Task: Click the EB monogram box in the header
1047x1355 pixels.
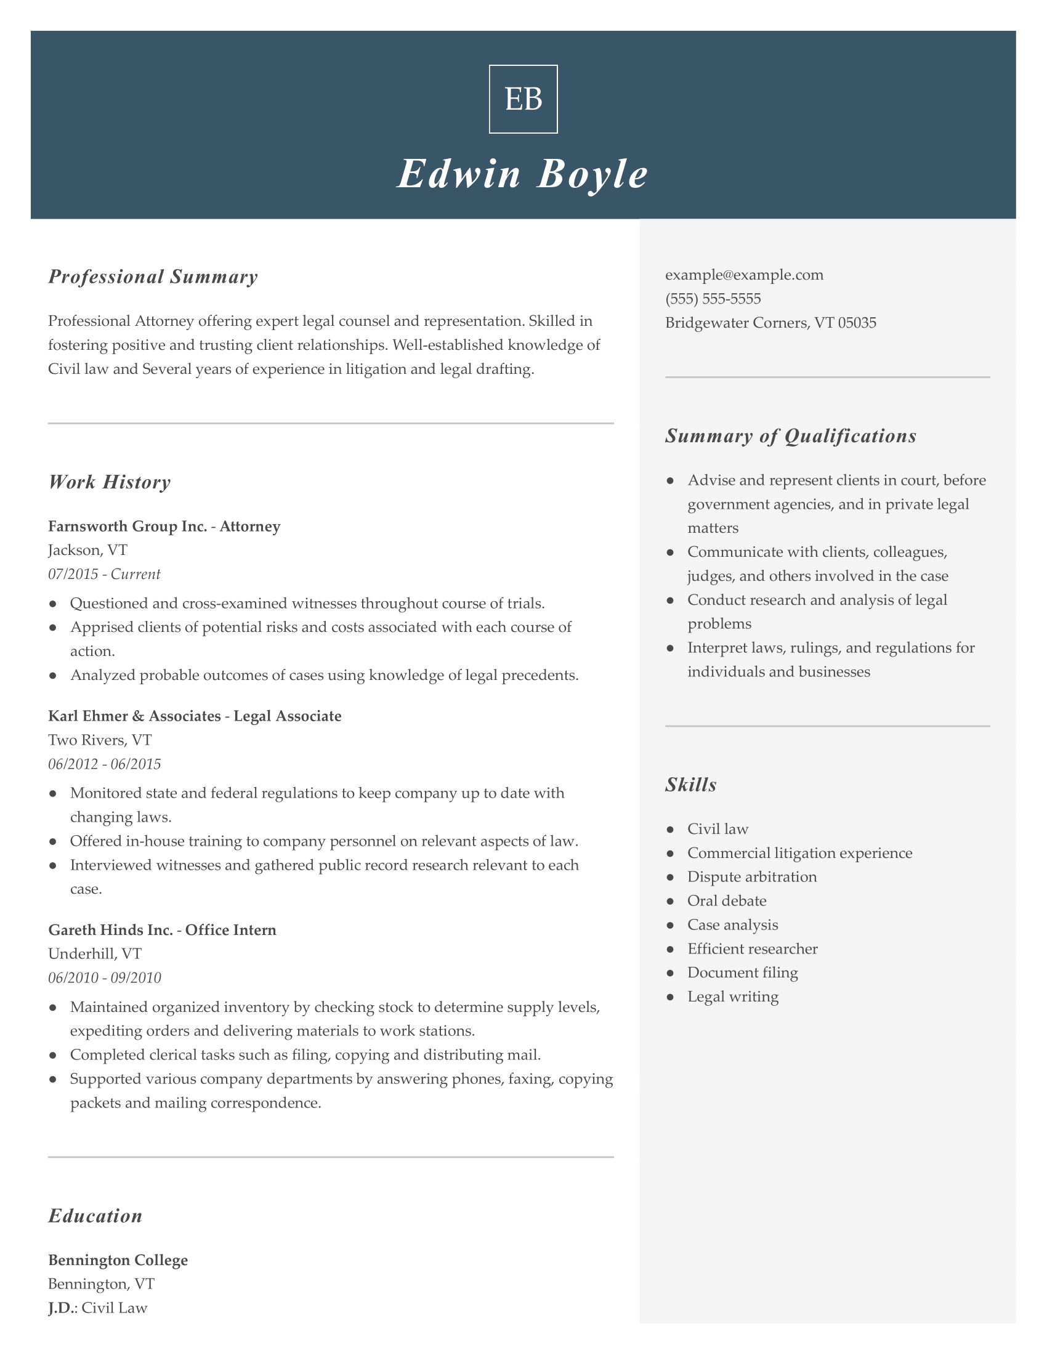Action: pyautogui.click(x=523, y=99)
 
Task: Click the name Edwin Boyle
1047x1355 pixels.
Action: pyautogui.click(x=523, y=174)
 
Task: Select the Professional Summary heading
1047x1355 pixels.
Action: pyautogui.click(x=153, y=277)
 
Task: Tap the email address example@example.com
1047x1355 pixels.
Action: pyautogui.click(x=745, y=275)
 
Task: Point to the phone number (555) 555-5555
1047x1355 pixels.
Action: pyautogui.click(x=713, y=299)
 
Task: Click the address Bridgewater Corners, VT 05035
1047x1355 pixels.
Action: pyautogui.click(x=770, y=323)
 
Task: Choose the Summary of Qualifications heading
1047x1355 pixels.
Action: pyautogui.click(x=791, y=436)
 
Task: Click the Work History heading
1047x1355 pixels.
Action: pyautogui.click(x=109, y=482)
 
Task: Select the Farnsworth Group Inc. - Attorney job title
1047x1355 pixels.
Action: pyautogui.click(x=164, y=526)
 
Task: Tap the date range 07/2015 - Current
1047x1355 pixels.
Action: pyautogui.click(x=104, y=574)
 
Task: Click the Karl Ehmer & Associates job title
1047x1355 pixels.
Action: pyautogui.click(x=195, y=716)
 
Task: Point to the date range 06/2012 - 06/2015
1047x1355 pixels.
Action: pyautogui.click(x=104, y=764)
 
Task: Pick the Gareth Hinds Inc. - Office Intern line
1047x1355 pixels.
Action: pyautogui.click(x=162, y=930)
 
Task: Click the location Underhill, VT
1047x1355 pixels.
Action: pyautogui.click(x=94, y=953)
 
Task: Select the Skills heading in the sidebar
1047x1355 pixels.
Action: pyautogui.click(x=691, y=785)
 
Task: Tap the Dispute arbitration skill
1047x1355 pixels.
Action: pyautogui.click(x=752, y=876)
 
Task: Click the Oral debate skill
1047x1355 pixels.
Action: pyautogui.click(x=726, y=901)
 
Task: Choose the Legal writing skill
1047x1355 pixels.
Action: pyautogui.click(x=732, y=997)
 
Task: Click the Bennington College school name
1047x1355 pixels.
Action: pyautogui.click(x=118, y=1260)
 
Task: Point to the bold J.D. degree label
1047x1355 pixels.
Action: pyautogui.click(x=63, y=1308)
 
